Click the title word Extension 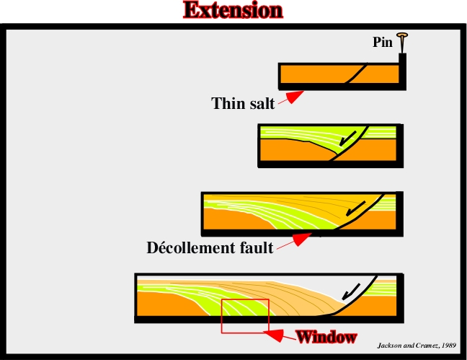pyautogui.click(x=233, y=10)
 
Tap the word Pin pyautogui.click(x=383, y=42)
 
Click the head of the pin pyautogui.click(x=402, y=35)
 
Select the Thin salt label pyautogui.click(x=243, y=103)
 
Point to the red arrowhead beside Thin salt pyautogui.click(x=294, y=97)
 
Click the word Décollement pyautogui.click(x=191, y=248)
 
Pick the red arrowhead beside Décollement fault pyautogui.click(x=301, y=240)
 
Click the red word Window pyautogui.click(x=326, y=337)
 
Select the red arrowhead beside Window pyautogui.click(x=275, y=335)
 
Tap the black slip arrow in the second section pyautogui.click(x=347, y=139)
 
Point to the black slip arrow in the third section pyautogui.click(x=355, y=208)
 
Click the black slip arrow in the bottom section pyautogui.click(x=351, y=291)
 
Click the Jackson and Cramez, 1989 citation pyautogui.click(x=417, y=346)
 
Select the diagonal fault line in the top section pyautogui.click(x=356, y=73)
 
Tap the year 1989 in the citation pyautogui.click(x=449, y=346)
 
